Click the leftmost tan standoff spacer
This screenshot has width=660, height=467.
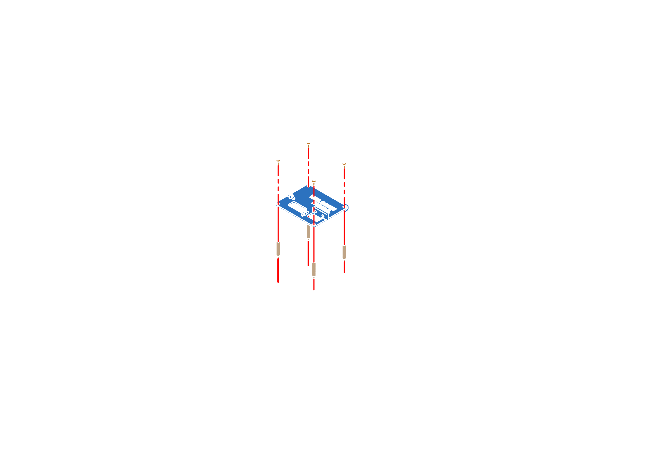(278, 249)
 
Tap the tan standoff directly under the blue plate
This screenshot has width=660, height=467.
(308, 232)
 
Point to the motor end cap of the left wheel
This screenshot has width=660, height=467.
(189, 239)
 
